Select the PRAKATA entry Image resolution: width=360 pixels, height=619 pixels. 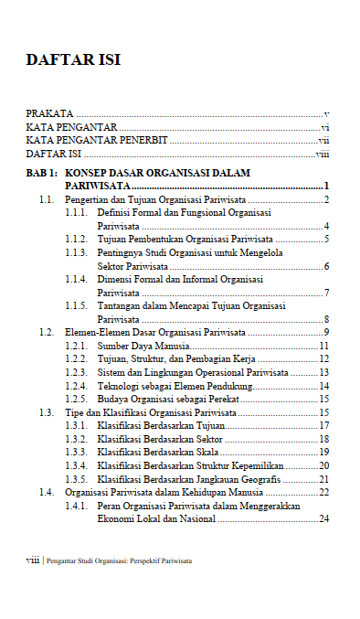pyautogui.click(x=50, y=112)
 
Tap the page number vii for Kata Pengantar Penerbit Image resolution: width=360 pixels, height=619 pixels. pyautogui.click(x=323, y=142)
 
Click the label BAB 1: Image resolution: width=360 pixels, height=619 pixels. pyautogui.click(x=42, y=173)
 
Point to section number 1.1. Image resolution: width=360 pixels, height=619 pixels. pyautogui.click(x=47, y=199)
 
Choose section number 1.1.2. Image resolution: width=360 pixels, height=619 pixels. pyautogui.click(x=76, y=239)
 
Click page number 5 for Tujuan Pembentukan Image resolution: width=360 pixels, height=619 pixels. pyautogui.click(x=326, y=239)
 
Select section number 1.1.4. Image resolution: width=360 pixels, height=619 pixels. pyautogui.click(x=76, y=279)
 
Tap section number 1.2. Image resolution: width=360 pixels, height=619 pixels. pyautogui.click(x=47, y=332)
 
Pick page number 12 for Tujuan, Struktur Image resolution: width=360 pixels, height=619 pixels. pyautogui.click(x=323, y=359)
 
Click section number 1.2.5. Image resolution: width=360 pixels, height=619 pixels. pyautogui.click(x=76, y=400)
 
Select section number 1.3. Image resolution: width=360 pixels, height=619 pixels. pyautogui.click(x=47, y=412)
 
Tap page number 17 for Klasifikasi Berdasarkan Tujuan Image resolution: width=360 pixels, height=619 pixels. pyautogui.click(x=323, y=426)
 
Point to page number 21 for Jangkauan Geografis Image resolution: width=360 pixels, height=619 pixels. pyautogui.click(x=323, y=479)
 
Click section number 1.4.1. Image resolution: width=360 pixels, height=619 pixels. pyautogui.click(x=76, y=506)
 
